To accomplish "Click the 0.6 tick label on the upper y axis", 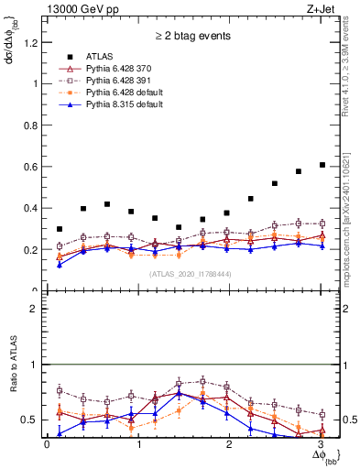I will [x=31, y=167].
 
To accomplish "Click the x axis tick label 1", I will [x=138, y=444].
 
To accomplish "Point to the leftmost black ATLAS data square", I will [x=60, y=229].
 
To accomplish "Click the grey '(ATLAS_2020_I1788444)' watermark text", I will [x=191, y=273].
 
